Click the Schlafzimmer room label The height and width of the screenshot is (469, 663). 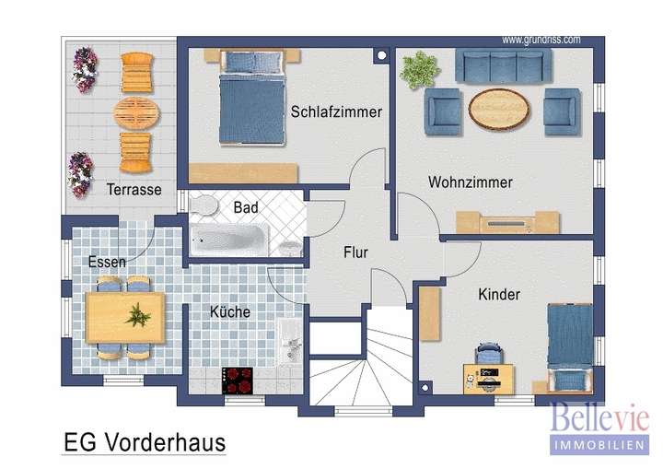coord(336,112)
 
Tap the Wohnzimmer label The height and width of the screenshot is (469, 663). coord(470,182)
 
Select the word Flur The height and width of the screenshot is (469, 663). coord(356,251)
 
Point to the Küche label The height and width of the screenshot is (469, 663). coord(229,312)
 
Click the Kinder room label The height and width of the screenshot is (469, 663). coord(499,295)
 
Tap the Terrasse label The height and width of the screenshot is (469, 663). coord(134,190)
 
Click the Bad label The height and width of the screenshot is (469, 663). coord(246,208)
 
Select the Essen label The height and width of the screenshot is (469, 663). coord(107,262)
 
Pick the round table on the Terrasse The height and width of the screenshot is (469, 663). coord(136,113)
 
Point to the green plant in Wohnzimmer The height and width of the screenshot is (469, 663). coord(419,69)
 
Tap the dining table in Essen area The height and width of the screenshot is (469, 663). coord(124,315)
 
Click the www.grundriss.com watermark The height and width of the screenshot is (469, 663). coord(541,40)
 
